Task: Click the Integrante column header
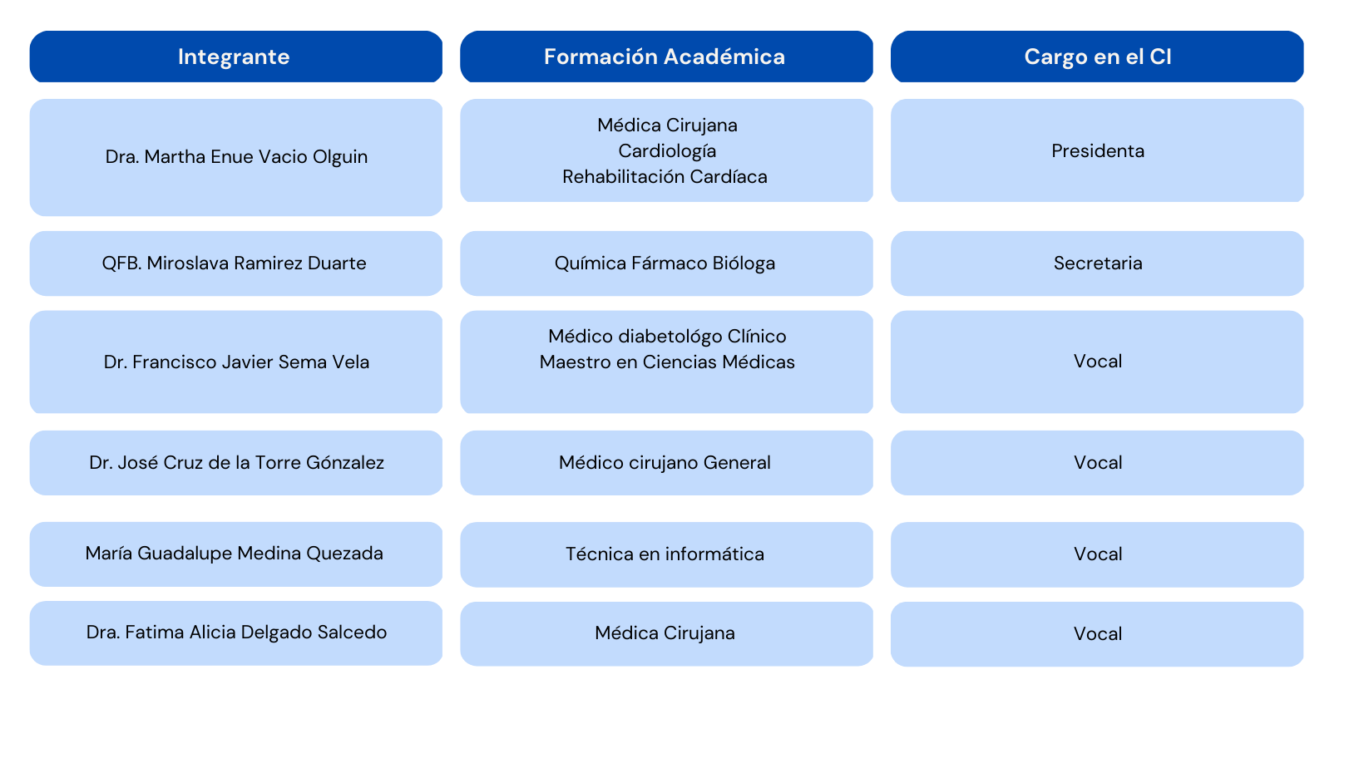pyautogui.click(x=235, y=57)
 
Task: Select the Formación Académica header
pyautogui.click(x=665, y=57)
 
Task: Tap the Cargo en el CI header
pyautogui.click(x=1097, y=57)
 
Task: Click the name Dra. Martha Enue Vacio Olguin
pyautogui.click(x=236, y=157)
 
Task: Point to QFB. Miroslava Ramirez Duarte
pyautogui.click(x=235, y=263)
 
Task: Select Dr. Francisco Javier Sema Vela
pyautogui.click(x=236, y=362)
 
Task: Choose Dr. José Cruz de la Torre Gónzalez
pyautogui.click(x=236, y=463)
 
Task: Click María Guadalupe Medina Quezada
pyautogui.click(x=235, y=554)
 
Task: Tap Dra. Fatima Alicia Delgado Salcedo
pyautogui.click(x=236, y=633)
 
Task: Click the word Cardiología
pyautogui.click(x=667, y=151)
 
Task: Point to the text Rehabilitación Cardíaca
pyautogui.click(x=665, y=177)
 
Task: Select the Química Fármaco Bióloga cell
pyautogui.click(x=665, y=263)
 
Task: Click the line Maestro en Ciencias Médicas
pyautogui.click(x=667, y=362)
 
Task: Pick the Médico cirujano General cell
pyautogui.click(x=665, y=463)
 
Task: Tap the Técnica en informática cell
pyautogui.click(x=665, y=554)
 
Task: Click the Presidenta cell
pyautogui.click(x=1097, y=151)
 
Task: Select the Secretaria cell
pyautogui.click(x=1097, y=263)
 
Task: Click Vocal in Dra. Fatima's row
pyautogui.click(x=1097, y=634)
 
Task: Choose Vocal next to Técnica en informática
pyautogui.click(x=1097, y=554)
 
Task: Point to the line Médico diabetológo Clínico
pyautogui.click(x=667, y=337)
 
